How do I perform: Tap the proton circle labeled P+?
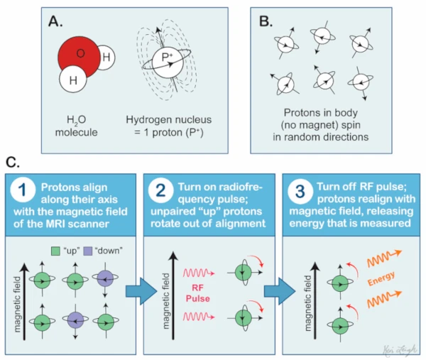pyautogui.click(x=168, y=63)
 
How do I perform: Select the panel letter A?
pyautogui.click(x=55, y=21)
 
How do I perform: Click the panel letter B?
pyautogui.click(x=266, y=21)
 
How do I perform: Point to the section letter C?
pyautogui.click(x=13, y=163)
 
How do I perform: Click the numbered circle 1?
pyautogui.click(x=23, y=190)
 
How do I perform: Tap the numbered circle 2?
pyautogui.click(x=161, y=190)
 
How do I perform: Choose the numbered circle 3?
pyautogui.click(x=300, y=191)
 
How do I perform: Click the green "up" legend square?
pyautogui.click(x=55, y=251)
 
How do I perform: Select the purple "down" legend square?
pyautogui.click(x=88, y=251)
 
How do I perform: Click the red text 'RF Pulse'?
pyautogui.click(x=198, y=293)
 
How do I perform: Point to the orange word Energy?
pyautogui.click(x=381, y=278)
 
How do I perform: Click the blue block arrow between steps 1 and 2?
pyautogui.click(x=141, y=291)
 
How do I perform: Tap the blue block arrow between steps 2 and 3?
pyautogui.click(x=280, y=291)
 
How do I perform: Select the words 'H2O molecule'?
pyautogui.click(x=77, y=126)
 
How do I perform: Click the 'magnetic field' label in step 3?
pyautogui.click(x=307, y=302)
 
